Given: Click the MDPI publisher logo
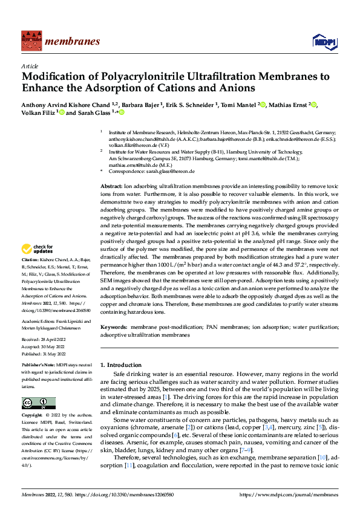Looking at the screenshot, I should [321, 41].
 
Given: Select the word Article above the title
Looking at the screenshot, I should [30, 66].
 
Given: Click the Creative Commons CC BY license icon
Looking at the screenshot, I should [38, 403].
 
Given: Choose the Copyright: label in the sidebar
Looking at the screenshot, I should [33, 415].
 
